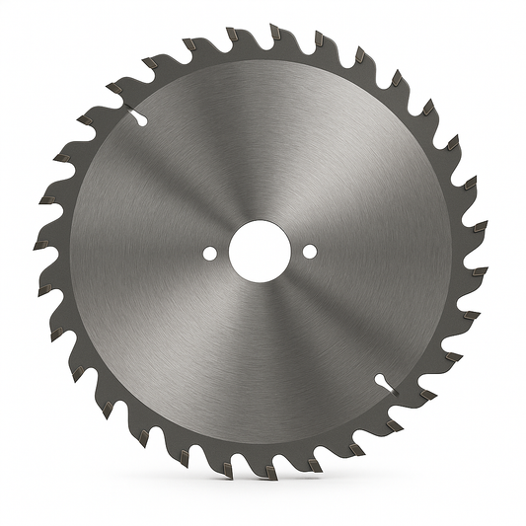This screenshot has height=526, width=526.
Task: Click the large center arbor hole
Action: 260,251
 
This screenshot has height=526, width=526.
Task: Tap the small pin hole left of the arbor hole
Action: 209,253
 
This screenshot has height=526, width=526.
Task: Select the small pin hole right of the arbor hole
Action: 310,251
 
